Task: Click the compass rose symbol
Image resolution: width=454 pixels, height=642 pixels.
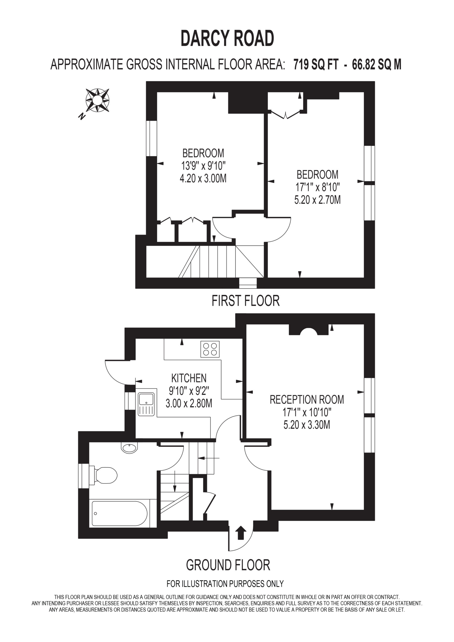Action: tap(97, 100)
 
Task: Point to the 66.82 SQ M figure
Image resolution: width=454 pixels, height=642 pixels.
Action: tap(376, 64)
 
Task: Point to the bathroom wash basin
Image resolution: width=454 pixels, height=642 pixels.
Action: tap(129, 447)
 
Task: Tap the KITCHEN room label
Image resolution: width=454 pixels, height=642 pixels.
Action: tap(189, 378)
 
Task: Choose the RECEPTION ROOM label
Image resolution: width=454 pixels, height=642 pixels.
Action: tap(307, 399)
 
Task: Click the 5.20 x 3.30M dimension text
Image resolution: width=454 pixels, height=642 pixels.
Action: tap(307, 425)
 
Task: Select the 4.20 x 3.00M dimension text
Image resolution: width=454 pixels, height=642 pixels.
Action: tap(203, 178)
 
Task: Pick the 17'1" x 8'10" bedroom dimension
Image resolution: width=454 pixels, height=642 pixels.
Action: tap(318, 187)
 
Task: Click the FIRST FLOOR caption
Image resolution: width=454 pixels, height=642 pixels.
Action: tap(246, 301)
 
